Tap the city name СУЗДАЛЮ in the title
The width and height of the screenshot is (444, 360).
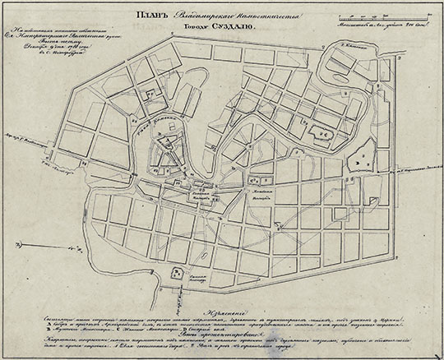point(235,25)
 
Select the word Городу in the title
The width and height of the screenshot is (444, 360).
point(195,25)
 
